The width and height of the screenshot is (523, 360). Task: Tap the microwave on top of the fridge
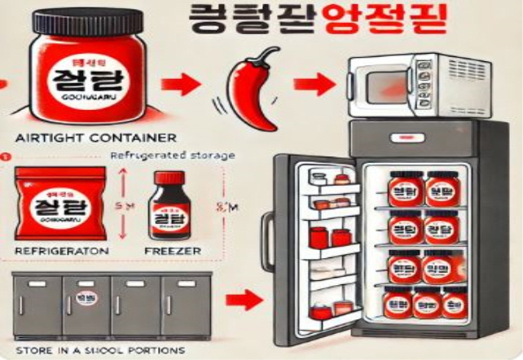405,85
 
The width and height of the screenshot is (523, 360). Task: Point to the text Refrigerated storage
166,155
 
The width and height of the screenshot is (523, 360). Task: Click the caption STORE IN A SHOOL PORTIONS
89,350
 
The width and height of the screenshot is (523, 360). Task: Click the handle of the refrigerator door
266,236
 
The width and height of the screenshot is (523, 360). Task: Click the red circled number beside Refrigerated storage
4,155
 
